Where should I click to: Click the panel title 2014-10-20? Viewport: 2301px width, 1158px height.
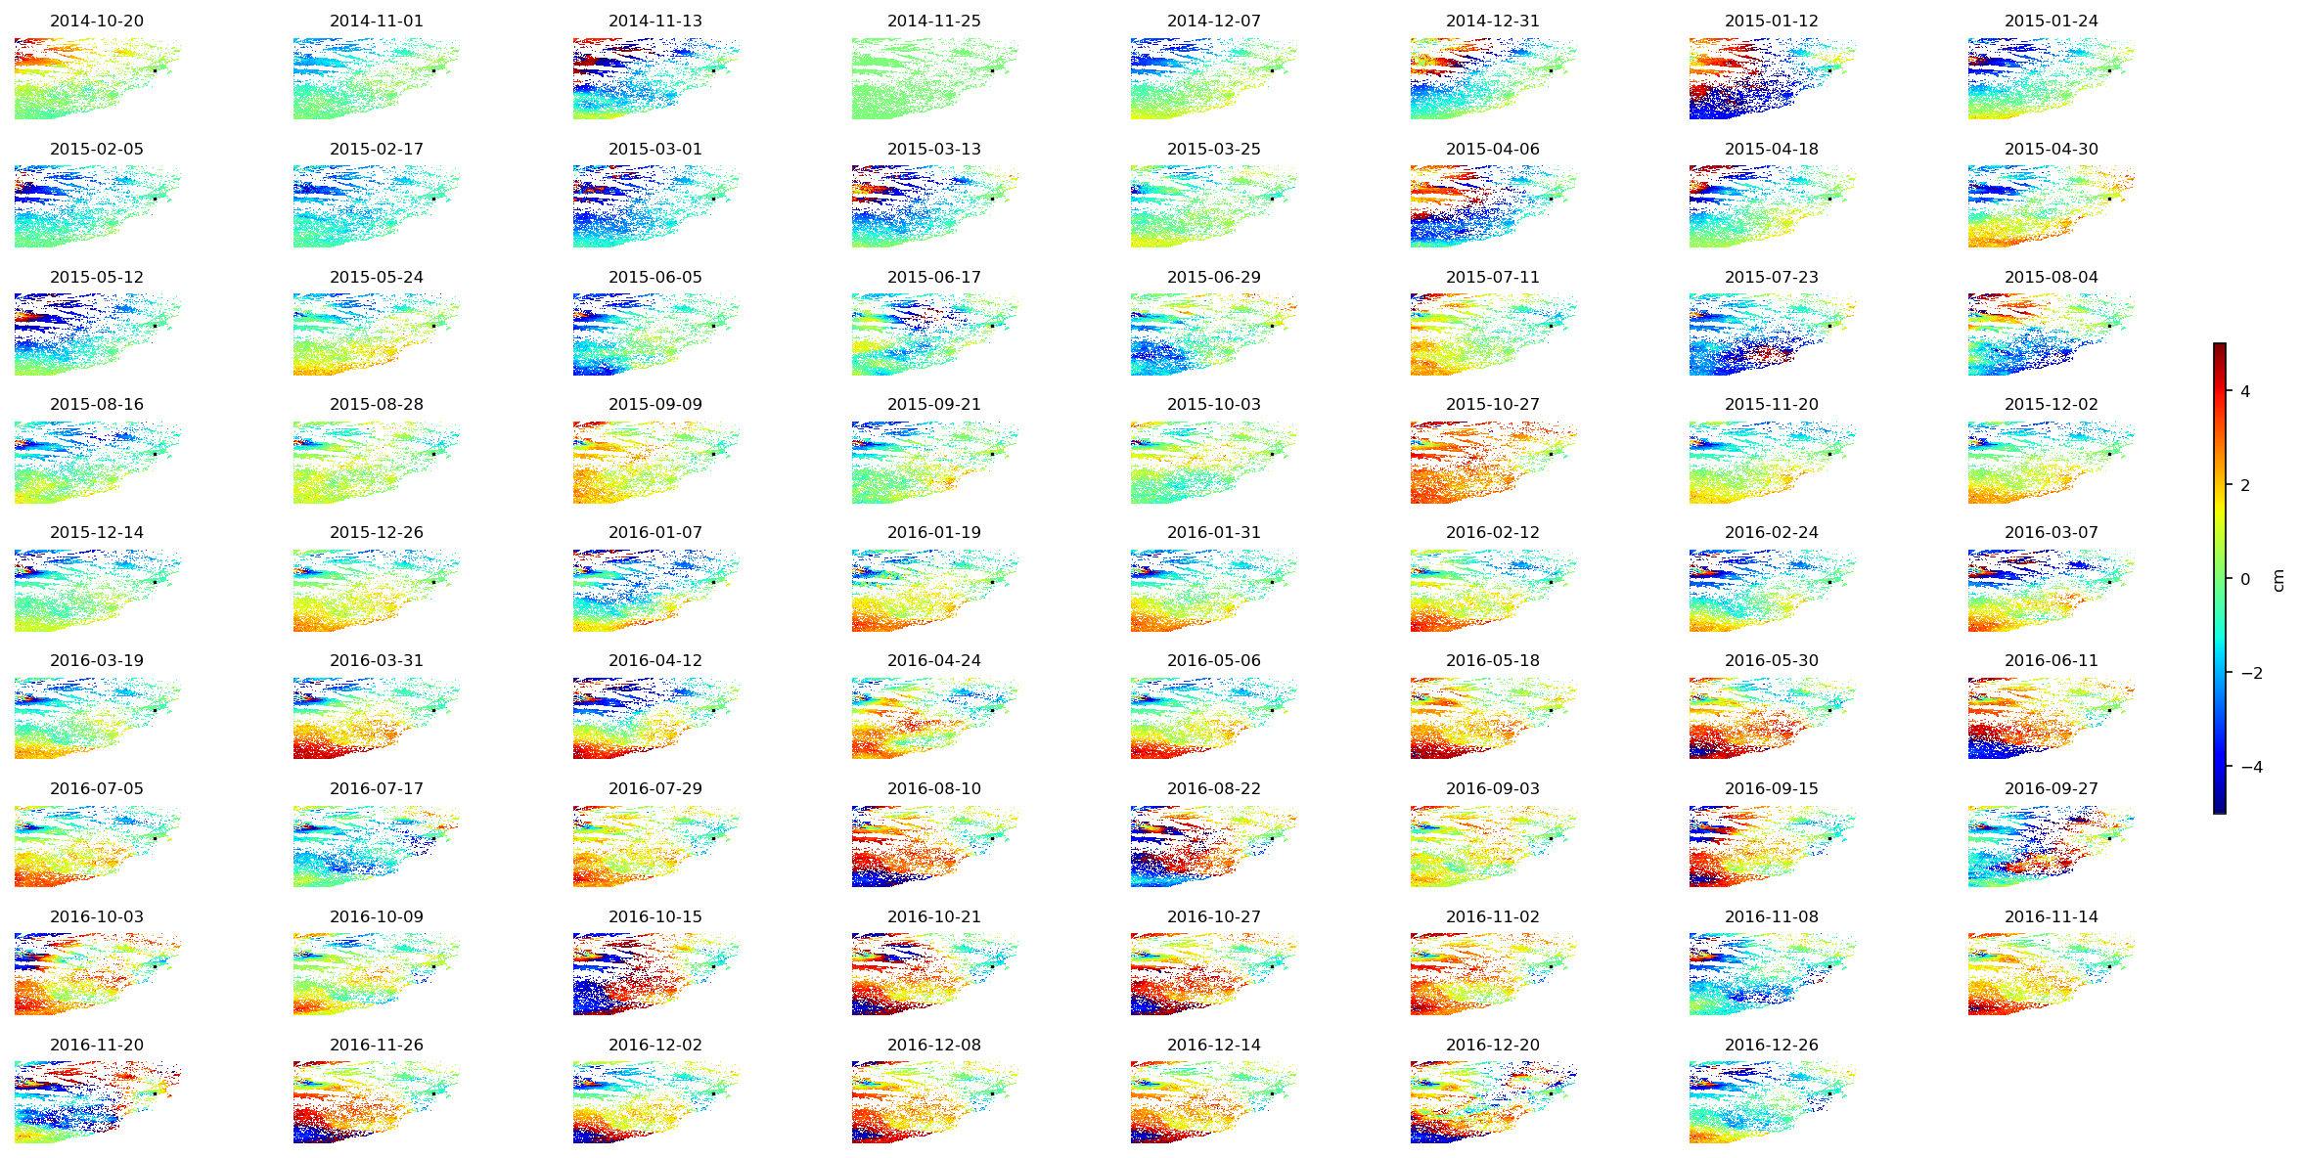(97, 21)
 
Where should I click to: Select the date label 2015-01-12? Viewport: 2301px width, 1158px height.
(1771, 21)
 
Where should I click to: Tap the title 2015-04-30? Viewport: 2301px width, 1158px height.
(2051, 149)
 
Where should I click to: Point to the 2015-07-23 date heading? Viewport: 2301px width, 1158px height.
(1771, 277)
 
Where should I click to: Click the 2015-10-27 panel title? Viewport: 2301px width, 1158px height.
(1492, 404)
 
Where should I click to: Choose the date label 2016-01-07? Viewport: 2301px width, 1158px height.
(654, 532)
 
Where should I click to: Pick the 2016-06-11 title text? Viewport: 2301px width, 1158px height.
(2051, 660)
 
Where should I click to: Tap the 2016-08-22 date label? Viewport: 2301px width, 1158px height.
(1213, 788)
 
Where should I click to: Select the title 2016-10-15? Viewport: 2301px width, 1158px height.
(654, 916)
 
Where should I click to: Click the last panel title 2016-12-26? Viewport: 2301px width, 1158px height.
(1771, 1045)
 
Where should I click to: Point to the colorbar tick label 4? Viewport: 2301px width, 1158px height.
(2245, 391)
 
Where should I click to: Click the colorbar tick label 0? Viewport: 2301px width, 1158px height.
(2245, 579)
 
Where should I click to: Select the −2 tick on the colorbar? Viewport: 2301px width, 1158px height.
(2251, 673)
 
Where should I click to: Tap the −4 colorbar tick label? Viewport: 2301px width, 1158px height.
(2251, 767)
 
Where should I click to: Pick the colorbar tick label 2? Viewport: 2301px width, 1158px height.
(2245, 485)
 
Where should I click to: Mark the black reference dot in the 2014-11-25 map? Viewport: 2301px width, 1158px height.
(992, 70)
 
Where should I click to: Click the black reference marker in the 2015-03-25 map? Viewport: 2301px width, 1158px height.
(1272, 199)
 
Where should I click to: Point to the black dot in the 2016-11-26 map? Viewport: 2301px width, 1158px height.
(434, 1094)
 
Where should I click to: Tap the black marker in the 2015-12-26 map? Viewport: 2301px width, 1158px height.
(434, 582)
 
